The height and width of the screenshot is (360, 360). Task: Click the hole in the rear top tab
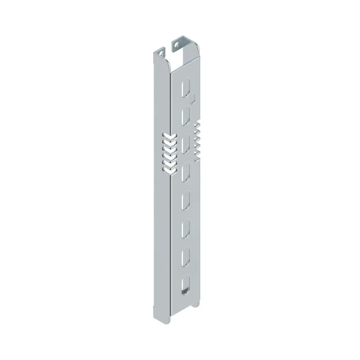click(x=177, y=44)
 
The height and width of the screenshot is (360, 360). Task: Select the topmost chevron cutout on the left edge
click(x=167, y=136)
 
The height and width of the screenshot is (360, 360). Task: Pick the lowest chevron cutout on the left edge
click(x=167, y=168)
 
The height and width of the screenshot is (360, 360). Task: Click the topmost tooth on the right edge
click(x=197, y=124)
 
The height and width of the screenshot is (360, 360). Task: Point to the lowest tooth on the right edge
click(x=197, y=153)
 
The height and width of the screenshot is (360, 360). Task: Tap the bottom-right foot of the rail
click(x=196, y=304)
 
